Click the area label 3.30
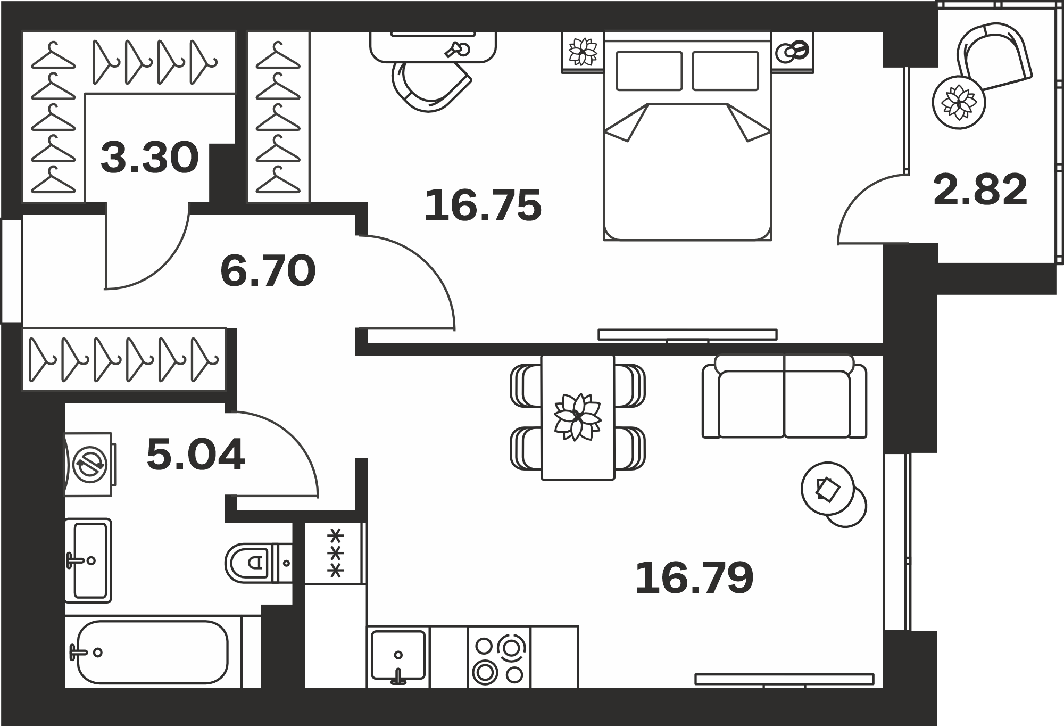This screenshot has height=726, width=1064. click(x=149, y=158)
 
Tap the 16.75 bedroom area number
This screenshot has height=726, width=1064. click(x=483, y=205)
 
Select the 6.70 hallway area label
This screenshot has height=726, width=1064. click(x=268, y=271)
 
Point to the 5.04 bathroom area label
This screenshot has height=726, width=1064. click(x=196, y=455)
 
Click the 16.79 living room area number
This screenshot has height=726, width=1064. click(x=694, y=578)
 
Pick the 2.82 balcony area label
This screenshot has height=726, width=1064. click(x=980, y=189)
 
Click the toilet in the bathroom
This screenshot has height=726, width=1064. click(x=259, y=563)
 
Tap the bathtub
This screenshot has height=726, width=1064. click(x=153, y=652)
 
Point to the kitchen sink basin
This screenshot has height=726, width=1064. click(x=398, y=656)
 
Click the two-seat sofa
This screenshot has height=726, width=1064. click(x=784, y=396)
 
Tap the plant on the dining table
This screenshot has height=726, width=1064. click(x=578, y=417)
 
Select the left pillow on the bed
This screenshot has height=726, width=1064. click(x=649, y=71)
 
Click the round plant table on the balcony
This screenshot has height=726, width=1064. click(x=959, y=102)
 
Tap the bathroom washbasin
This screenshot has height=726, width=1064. click(x=88, y=560)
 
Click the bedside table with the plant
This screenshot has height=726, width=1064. click(x=583, y=52)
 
